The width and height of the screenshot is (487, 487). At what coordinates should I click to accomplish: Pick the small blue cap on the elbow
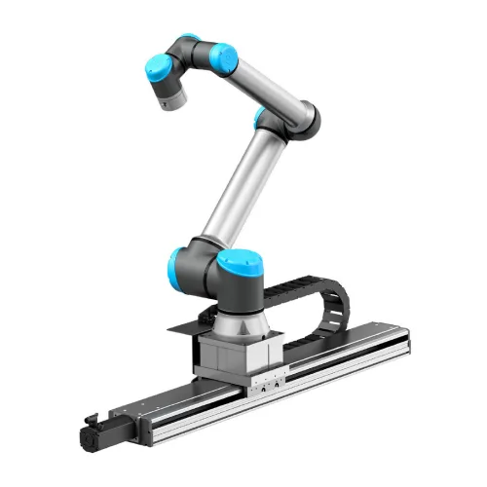(x=260, y=119)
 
